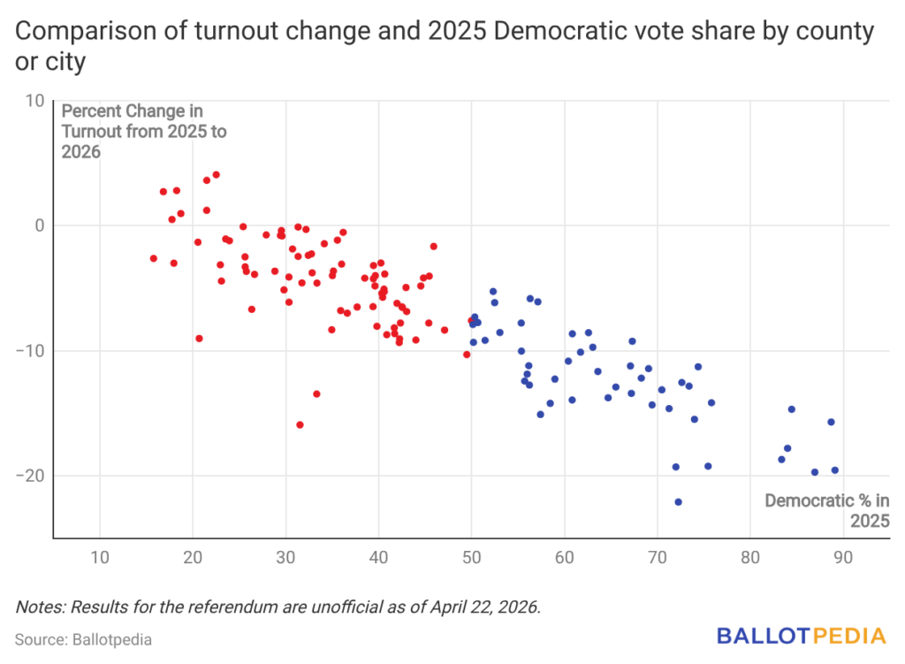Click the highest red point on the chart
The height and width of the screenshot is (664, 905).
pos(216,175)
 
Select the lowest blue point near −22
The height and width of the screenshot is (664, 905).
pos(678,501)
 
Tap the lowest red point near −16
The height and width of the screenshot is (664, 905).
pos(300,424)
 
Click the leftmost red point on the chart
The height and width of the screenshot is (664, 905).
pos(153,258)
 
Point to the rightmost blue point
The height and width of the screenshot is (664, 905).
pos(834,470)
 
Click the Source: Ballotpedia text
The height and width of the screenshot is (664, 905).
pos(71,638)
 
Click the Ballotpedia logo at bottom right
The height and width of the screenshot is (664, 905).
pos(800,635)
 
